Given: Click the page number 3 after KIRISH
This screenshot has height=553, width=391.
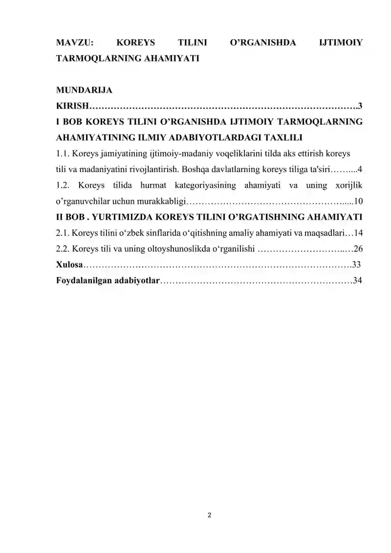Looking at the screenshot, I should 360,106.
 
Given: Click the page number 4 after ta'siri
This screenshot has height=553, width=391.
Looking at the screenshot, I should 360,170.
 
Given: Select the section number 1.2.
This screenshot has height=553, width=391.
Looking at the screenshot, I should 64,185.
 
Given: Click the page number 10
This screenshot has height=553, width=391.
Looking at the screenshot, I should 358,201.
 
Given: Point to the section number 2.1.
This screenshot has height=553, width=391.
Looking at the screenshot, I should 64,232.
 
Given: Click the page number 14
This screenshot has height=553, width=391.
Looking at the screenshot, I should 358,232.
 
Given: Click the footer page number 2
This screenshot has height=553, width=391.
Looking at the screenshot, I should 209,515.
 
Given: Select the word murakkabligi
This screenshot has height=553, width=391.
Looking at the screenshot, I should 159,201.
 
